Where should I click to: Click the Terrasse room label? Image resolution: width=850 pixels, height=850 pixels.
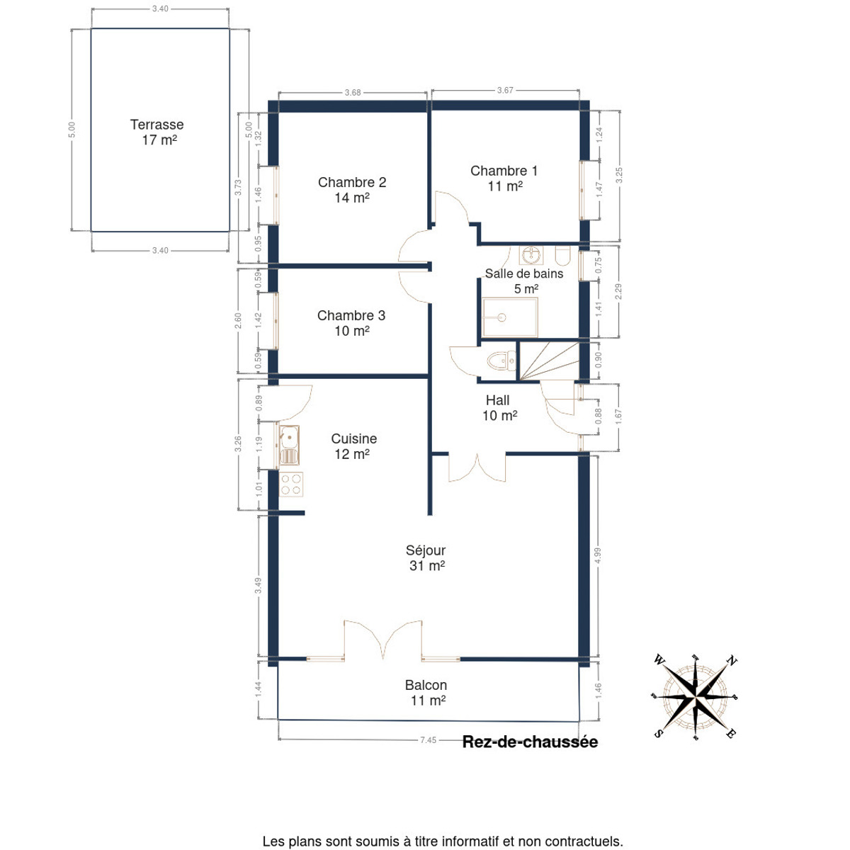point(157,125)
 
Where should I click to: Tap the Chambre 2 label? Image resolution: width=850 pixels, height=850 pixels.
point(352,182)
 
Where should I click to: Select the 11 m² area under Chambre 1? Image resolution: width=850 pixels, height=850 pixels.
point(505,186)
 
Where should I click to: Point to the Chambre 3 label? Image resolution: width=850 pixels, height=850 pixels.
point(351,315)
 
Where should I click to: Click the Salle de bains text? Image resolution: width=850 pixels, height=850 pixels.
point(524,273)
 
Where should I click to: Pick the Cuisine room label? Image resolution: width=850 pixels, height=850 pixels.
point(353,438)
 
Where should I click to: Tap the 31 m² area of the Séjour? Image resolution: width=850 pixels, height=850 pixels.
point(427,565)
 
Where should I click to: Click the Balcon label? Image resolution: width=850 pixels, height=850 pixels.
point(426,685)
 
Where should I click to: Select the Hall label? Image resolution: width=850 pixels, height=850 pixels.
point(497,400)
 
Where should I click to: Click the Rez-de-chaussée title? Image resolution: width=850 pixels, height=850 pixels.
point(530,742)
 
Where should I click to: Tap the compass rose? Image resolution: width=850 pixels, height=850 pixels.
point(695,698)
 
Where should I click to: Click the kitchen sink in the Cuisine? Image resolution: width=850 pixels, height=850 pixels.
point(290,445)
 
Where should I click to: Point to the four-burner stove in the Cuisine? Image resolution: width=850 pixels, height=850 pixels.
point(291,484)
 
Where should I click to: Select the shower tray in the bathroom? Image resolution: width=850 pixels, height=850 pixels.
point(510,317)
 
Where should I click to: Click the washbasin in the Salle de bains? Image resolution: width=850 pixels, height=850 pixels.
point(531,254)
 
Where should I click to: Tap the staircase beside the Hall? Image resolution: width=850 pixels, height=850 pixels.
point(548,361)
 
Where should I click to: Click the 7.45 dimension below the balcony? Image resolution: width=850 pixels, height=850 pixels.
point(428,739)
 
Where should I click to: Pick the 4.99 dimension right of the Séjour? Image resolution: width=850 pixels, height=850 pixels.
point(598,555)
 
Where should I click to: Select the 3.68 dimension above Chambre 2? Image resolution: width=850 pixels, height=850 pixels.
point(353,93)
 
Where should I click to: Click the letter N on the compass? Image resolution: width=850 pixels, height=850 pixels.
point(731,661)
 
